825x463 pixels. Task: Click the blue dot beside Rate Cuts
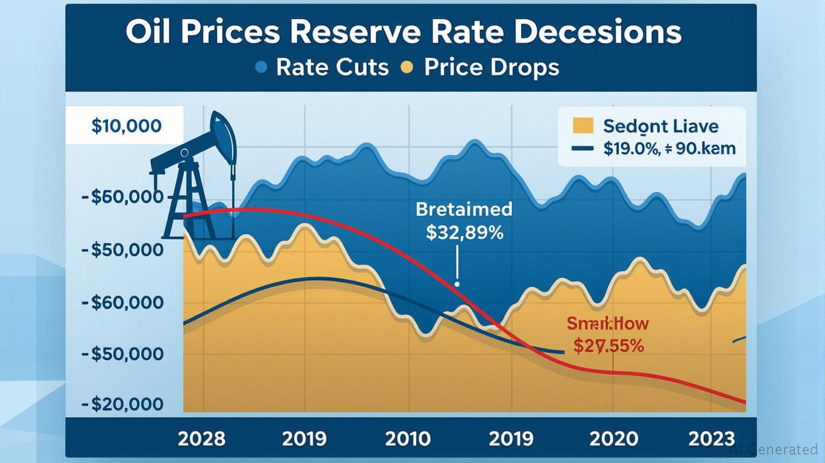click(x=261, y=67)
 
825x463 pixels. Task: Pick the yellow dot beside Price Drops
click(x=407, y=67)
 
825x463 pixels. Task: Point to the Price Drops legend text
click(x=492, y=67)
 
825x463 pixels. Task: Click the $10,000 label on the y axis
click(x=127, y=126)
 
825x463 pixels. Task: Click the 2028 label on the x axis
click(x=201, y=438)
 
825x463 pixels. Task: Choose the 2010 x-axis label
click(x=408, y=438)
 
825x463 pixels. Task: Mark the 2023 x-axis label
click(x=712, y=438)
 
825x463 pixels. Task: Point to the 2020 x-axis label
click(x=613, y=438)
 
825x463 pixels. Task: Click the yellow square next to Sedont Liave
click(x=583, y=126)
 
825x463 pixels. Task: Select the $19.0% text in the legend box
click(x=630, y=148)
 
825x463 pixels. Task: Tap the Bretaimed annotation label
click(x=464, y=209)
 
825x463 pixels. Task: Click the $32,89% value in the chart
click(x=464, y=233)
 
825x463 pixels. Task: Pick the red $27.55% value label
click(x=608, y=346)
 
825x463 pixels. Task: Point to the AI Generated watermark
click(x=773, y=449)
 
